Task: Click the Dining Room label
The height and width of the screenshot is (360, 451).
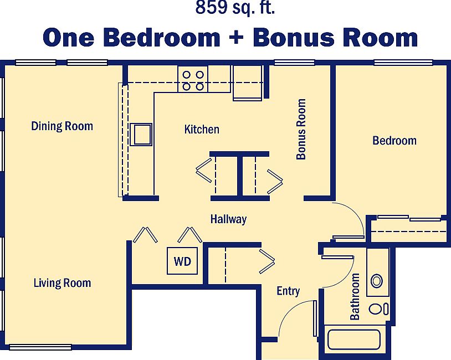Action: point(62,126)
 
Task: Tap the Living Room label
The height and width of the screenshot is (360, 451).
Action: point(62,283)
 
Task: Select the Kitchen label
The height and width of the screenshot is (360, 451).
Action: point(202,130)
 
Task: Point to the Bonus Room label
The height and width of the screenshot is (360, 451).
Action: point(301,129)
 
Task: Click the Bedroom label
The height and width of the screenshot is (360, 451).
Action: point(394,141)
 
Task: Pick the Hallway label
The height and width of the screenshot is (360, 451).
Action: point(228,219)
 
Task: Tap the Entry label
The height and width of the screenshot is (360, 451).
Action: point(288,291)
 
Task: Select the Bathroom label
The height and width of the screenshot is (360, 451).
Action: point(355,297)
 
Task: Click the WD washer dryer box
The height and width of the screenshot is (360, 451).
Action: point(182,261)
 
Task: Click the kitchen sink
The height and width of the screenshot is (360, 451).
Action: point(141,135)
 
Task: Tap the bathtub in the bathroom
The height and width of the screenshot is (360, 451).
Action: point(353,340)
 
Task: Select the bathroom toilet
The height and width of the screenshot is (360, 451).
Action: point(378,308)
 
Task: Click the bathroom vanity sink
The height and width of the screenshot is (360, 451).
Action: point(377,281)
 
